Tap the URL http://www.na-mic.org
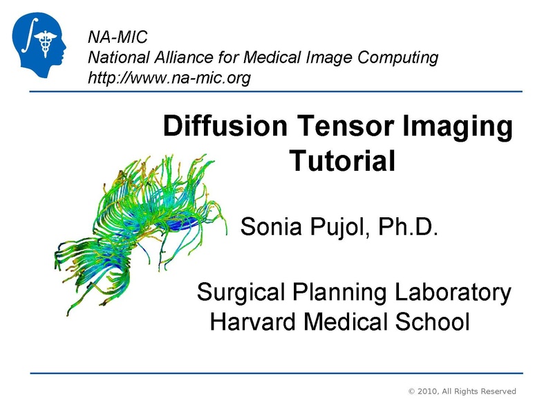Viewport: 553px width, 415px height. [x=169, y=77]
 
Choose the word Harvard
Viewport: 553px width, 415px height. [x=247, y=321]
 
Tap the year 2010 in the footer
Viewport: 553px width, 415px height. [x=431, y=391]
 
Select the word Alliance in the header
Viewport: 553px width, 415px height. [x=176, y=57]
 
